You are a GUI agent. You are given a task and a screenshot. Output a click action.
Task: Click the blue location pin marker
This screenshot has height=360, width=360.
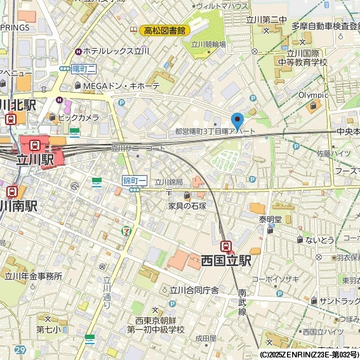[x=237, y=120]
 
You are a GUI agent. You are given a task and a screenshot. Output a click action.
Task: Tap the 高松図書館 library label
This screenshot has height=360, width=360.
[x=164, y=30]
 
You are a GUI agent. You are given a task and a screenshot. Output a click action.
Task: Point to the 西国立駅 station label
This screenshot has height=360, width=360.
[x=226, y=260]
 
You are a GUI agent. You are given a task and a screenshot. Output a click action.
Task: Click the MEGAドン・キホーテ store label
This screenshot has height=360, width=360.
[x=118, y=86]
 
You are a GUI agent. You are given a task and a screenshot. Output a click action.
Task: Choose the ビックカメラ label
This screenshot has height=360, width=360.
[x=78, y=117]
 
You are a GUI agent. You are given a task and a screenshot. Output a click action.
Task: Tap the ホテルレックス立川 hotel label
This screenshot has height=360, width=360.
[x=111, y=50]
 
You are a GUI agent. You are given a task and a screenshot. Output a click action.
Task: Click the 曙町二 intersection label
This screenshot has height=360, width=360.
[x=83, y=69]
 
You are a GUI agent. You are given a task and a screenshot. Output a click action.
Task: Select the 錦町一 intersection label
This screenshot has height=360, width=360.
[x=135, y=181]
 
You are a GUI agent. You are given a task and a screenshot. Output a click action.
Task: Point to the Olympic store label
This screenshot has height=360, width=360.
[x=313, y=95]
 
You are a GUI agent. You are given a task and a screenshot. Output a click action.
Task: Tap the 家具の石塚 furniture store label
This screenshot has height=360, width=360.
[x=187, y=206]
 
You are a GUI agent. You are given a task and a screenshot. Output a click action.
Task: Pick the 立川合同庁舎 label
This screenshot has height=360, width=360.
[x=194, y=290]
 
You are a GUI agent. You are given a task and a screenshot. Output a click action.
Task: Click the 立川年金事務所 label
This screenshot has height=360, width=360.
[x=34, y=276]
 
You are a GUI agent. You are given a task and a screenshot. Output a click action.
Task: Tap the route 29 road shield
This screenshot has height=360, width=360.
[x=20, y=350]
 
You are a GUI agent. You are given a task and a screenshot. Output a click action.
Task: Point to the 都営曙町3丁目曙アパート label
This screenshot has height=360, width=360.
[x=215, y=131]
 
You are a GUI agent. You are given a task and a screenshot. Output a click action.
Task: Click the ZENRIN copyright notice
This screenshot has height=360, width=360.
[x=309, y=354]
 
